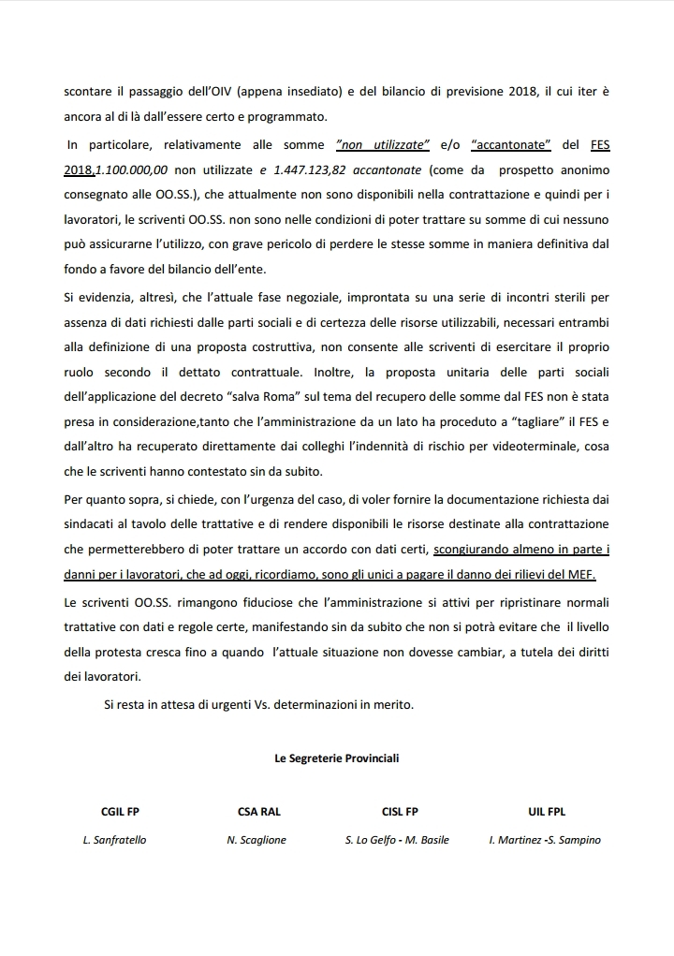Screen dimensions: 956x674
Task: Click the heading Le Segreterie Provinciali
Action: pos(336,758)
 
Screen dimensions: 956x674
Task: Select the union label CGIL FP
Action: pos(120,812)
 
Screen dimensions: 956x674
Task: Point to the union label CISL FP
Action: pos(400,812)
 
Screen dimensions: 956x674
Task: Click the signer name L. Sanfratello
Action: pos(114,840)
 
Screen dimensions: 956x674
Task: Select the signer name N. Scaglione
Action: pos(256,840)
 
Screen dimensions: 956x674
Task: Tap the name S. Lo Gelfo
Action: pos(369,840)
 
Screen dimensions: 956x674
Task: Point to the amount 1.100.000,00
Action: pos(132,170)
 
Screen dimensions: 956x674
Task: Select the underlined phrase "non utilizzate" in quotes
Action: pos(382,145)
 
